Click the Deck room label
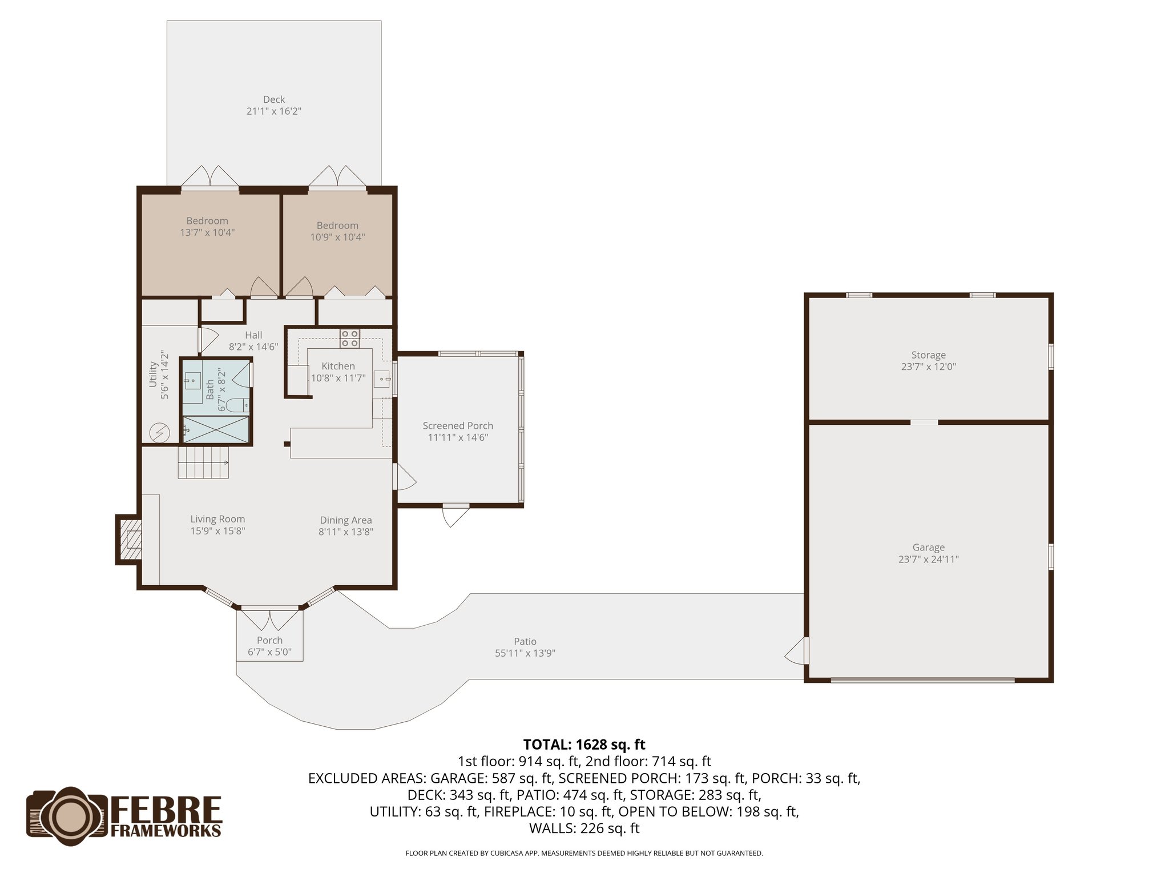274,99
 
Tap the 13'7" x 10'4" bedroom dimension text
207,232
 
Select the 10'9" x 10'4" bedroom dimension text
337,237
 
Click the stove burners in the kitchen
349,339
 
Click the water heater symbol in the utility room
159,433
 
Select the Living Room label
217,519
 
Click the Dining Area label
346,520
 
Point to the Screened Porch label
458,425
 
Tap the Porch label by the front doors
269,640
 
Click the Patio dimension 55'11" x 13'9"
525,653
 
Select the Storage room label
928,355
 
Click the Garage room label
928,547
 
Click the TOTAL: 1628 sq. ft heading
584,745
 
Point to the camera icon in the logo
67,814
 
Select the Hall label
253,335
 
